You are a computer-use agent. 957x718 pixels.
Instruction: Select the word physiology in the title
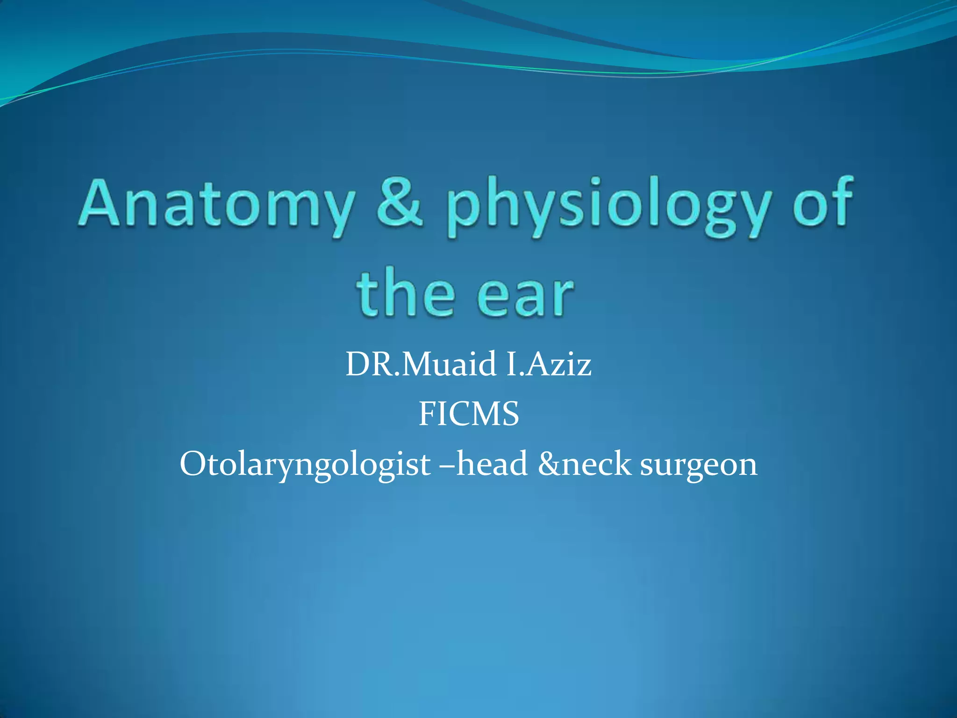[607, 208]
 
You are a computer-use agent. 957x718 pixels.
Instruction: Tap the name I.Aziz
[549, 365]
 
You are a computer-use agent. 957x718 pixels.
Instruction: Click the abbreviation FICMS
[468, 414]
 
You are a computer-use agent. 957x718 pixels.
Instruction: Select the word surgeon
[698, 465]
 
